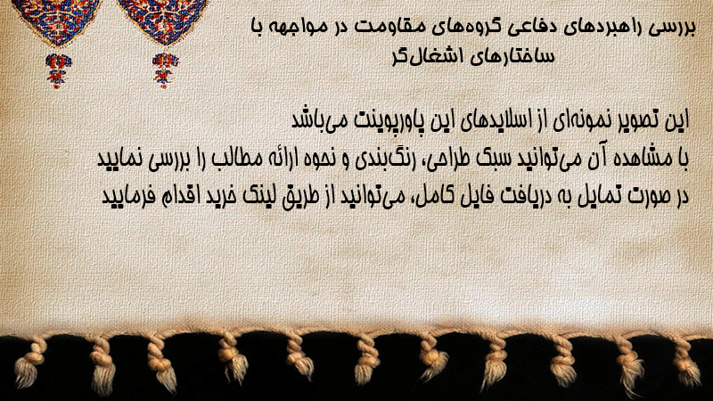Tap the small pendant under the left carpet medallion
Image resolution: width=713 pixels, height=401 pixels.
click(x=57, y=70)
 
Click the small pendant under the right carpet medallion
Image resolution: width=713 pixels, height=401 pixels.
click(x=165, y=70)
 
